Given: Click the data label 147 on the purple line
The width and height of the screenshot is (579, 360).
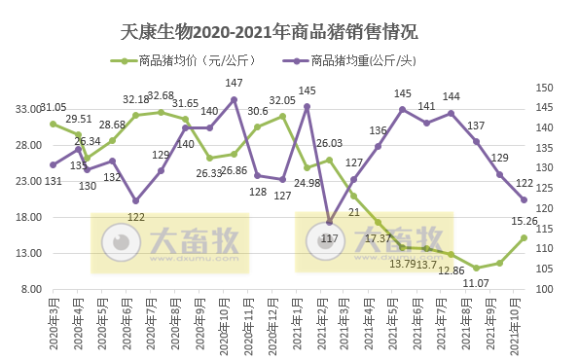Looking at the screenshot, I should [235, 84].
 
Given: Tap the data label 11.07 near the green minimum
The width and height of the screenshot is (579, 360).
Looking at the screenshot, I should [474, 282].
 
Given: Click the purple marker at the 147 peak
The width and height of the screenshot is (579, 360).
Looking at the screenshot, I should [234, 99].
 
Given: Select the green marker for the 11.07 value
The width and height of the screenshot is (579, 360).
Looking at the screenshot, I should [476, 268].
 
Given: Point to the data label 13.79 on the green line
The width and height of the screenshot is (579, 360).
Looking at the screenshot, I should [403, 264].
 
